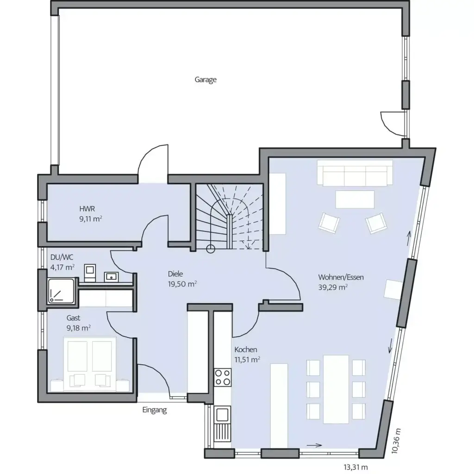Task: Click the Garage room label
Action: pos(206,80)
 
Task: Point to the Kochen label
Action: pos(245,349)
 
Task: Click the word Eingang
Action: pos(155,410)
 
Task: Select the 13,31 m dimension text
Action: pos(355,466)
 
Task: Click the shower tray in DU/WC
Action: pos(61,292)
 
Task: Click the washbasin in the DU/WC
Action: pos(111,276)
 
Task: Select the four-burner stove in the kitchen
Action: pos(223,377)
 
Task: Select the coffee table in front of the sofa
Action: pos(355,199)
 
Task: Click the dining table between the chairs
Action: pos(336,389)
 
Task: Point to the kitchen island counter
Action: pos(278,402)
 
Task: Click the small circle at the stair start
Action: pos(211,249)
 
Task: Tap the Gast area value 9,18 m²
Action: pos(79,327)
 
